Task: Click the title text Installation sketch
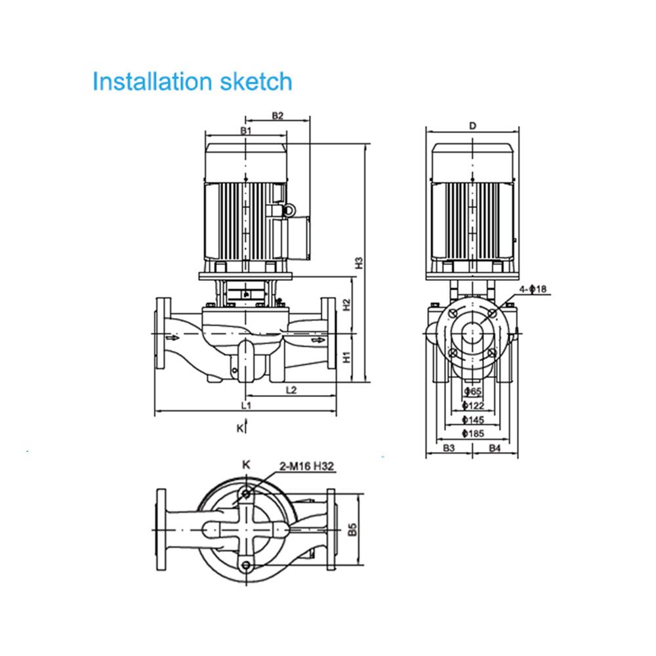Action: (x=192, y=81)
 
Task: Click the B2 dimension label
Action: (x=277, y=115)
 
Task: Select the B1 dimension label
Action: (x=245, y=131)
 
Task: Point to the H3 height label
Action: (x=359, y=263)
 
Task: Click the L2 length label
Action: (x=291, y=390)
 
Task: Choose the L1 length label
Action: (x=246, y=405)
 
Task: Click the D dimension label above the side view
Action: (x=473, y=125)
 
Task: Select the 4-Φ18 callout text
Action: (x=533, y=289)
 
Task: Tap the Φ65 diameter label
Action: (x=473, y=392)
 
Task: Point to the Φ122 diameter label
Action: (x=473, y=405)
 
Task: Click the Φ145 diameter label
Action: (x=473, y=420)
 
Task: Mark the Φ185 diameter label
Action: (x=473, y=434)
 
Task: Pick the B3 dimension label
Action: (x=449, y=448)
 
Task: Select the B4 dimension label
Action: (x=495, y=448)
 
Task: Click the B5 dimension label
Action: (x=352, y=529)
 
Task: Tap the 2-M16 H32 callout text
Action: (x=307, y=466)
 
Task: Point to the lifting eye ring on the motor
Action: (x=288, y=211)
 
